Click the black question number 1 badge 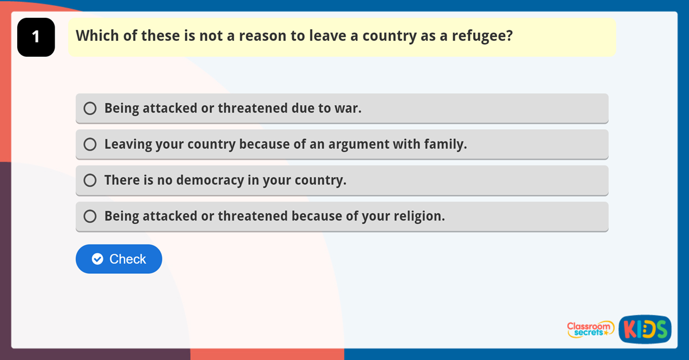coord(36,37)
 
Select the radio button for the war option coord(90,109)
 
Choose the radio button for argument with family coord(90,145)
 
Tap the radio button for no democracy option coord(90,181)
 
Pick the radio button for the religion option coord(90,216)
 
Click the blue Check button coord(119,259)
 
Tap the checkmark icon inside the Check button coord(98,259)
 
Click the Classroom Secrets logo coord(590,329)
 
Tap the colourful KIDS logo coord(645,330)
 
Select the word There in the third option coord(122,181)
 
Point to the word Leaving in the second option coord(127,145)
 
